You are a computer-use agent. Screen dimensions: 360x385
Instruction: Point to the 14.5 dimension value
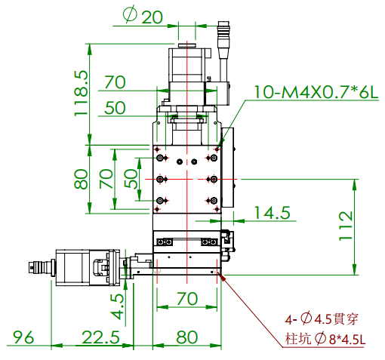tap(272, 214)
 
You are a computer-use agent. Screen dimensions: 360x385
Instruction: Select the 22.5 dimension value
tap(99, 337)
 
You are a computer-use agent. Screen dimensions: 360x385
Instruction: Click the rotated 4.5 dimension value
tap(118, 306)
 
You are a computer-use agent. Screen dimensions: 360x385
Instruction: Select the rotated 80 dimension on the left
tap(81, 180)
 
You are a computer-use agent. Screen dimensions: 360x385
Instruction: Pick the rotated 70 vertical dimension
tap(106, 179)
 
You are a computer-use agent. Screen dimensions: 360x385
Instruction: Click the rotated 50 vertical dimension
tap(131, 179)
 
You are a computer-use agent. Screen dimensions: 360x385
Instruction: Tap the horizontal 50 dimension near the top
tap(115, 108)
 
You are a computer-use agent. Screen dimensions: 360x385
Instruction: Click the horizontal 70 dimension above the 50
tap(115, 82)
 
